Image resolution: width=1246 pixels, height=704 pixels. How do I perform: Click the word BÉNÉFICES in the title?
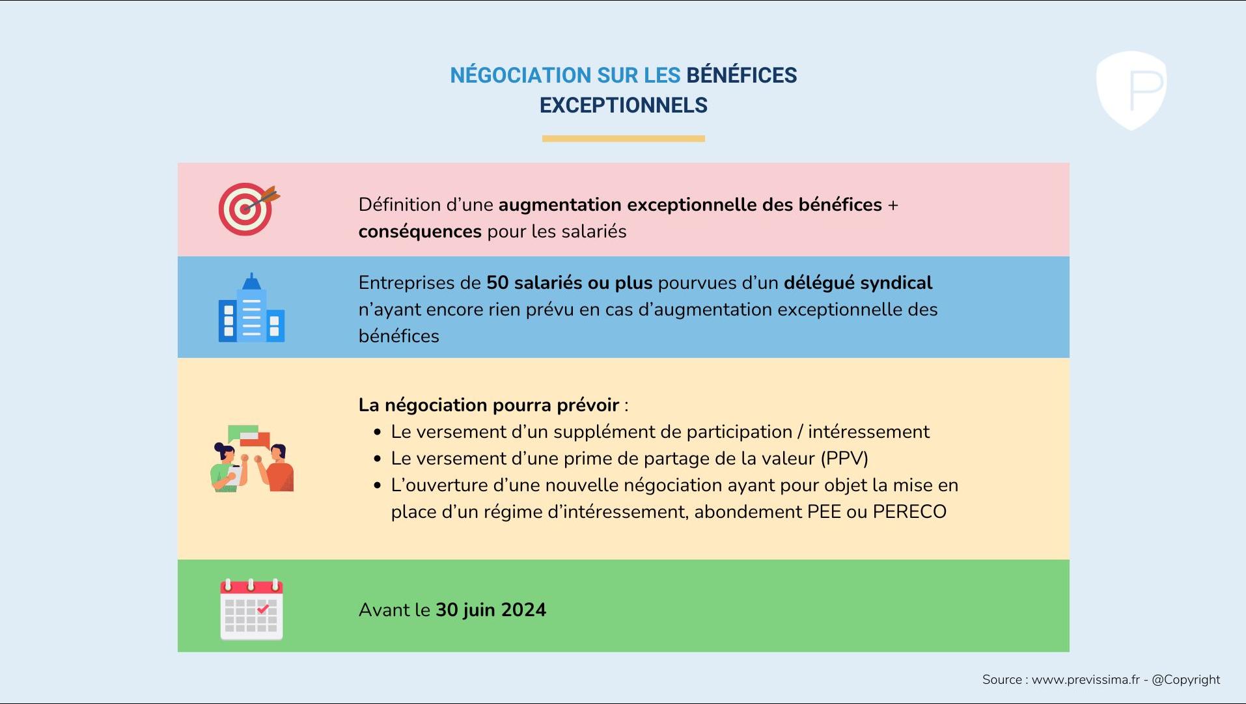point(741,75)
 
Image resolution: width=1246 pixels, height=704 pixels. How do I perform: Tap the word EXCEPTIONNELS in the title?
point(623,105)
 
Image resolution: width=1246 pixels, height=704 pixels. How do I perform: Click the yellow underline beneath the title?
point(623,139)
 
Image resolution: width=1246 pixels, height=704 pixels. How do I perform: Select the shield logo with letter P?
point(1131,90)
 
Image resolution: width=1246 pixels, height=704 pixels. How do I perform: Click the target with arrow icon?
point(248,209)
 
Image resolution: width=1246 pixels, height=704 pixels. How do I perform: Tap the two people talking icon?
point(252,459)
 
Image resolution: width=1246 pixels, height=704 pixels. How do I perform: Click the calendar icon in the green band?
point(251,609)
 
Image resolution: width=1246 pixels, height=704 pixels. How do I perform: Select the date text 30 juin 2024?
point(490,610)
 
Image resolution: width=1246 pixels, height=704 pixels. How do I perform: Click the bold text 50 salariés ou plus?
point(569,283)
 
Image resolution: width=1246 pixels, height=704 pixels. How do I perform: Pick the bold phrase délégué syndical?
point(857,283)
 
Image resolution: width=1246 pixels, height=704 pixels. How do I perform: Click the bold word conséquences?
point(420,232)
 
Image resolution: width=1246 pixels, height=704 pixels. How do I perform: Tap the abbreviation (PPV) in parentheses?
point(844,459)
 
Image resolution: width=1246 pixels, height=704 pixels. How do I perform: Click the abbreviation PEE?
point(824,512)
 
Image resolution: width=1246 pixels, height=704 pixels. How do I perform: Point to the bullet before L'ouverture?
point(378,485)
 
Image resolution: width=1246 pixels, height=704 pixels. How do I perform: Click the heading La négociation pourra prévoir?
point(488,405)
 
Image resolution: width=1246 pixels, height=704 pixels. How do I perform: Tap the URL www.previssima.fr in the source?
point(1085,680)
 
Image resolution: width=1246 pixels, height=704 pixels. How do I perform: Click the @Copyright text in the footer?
point(1185,680)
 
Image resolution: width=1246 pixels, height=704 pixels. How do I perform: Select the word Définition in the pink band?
point(399,205)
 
